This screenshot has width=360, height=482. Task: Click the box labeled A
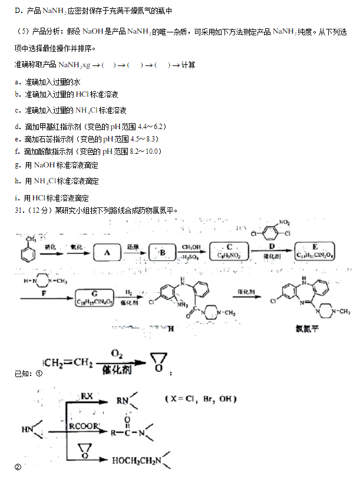click(x=107, y=252)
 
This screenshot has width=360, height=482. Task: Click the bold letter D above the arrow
click(x=272, y=245)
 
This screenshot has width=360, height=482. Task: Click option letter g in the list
click(x=18, y=166)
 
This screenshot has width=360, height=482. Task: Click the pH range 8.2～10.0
click(x=145, y=151)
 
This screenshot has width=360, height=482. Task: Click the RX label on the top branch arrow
click(x=87, y=395)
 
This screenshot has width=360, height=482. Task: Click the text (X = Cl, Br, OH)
click(x=200, y=399)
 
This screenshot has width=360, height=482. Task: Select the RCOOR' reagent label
click(x=82, y=425)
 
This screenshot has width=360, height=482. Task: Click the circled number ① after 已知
click(x=39, y=373)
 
